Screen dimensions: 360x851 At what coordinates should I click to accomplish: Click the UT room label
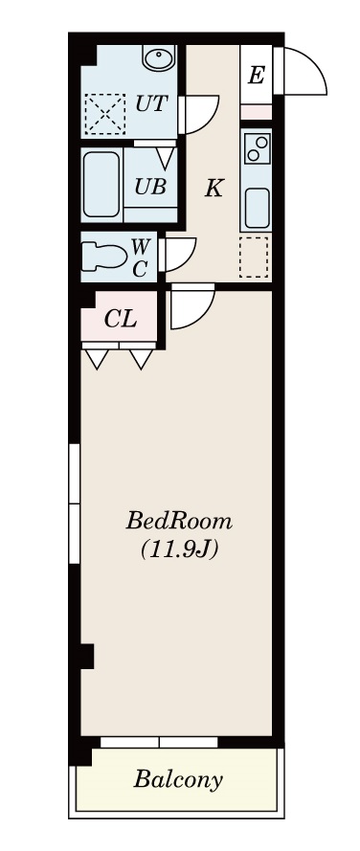(x=151, y=103)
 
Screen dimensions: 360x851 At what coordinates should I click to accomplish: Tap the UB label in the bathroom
(x=150, y=187)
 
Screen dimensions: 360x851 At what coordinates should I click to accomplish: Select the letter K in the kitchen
(x=214, y=189)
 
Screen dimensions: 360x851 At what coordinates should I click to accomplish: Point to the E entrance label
(x=256, y=76)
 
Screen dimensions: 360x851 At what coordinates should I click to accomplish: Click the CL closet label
(x=120, y=319)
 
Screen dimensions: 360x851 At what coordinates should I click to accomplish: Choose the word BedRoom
(x=179, y=522)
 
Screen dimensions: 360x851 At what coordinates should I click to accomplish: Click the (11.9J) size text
(x=179, y=550)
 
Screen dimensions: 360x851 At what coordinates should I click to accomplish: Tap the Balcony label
(x=178, y=780)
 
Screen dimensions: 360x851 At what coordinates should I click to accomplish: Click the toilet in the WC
(x=103, y=257)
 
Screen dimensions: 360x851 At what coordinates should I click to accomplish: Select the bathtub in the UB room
(x=101, y=185)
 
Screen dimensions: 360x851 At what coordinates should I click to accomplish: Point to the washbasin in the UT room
(x=159, y=58)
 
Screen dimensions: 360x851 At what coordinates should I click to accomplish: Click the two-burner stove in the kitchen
(x=257, y=147)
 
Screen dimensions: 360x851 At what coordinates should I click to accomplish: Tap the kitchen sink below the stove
(x=257, y=208)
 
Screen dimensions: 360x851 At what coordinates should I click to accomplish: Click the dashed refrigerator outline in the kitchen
(x=254, y=258)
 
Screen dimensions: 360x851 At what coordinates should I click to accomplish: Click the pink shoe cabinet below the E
(x=256, y=112)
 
